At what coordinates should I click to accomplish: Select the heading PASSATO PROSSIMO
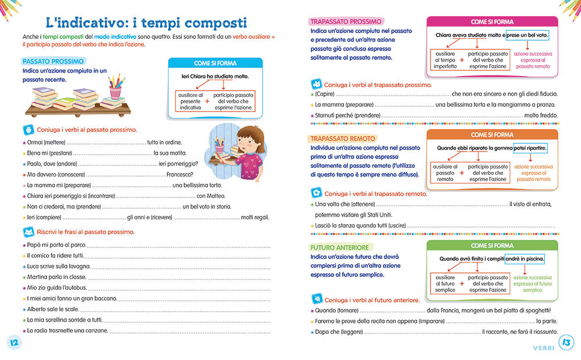click(53, 61)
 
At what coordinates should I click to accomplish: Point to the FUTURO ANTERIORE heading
click(340, 247)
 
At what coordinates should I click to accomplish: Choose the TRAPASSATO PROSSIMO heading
click(346, 21)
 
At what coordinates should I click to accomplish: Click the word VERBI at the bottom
click(543, 348)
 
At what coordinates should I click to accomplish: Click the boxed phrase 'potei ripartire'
click(530, 148)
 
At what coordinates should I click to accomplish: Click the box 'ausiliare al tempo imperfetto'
click(445, 59)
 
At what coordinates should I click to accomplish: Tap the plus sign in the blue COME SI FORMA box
click(206, 101)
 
